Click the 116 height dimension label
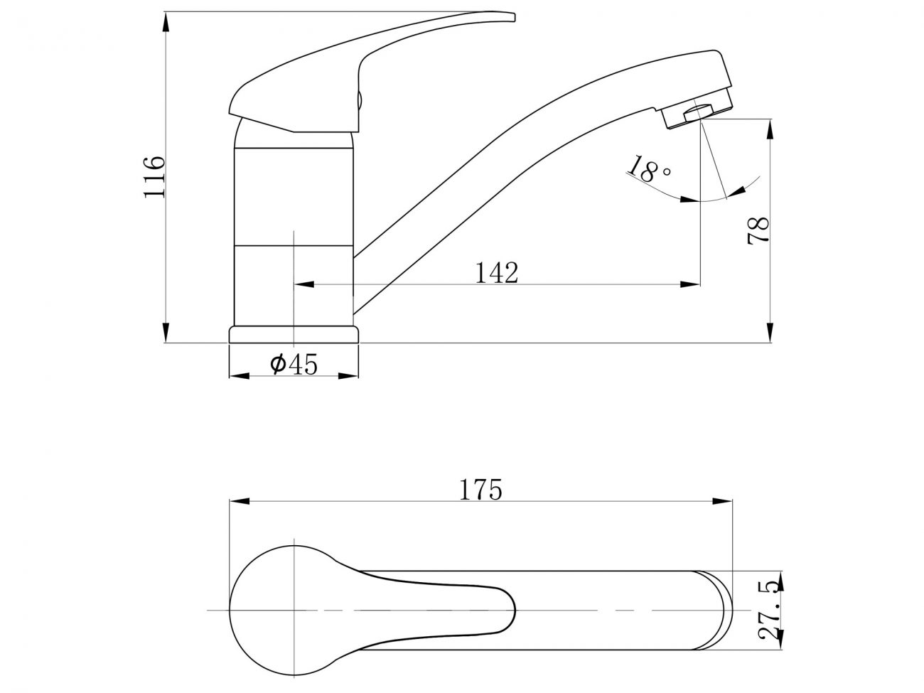(154, 177)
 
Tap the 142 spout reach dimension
(496, 273)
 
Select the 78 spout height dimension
(758, 230)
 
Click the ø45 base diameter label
(294, 364)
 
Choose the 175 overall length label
(480, 489)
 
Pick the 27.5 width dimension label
(770, 616)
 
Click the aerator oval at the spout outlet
(698, 112)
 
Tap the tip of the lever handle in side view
(515, 16)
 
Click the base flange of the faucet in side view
(294, 334)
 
